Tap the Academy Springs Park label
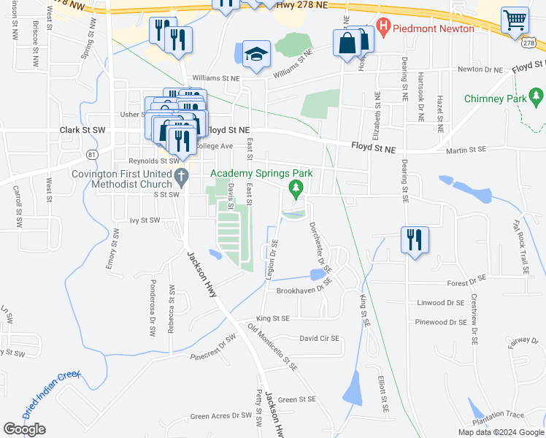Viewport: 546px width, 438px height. (x=261, y=173)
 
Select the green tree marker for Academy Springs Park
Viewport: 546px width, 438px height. (x=296, y=189)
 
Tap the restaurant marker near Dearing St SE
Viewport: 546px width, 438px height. (x=415, y=239)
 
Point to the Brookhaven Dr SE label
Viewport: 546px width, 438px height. (x=304, y=290)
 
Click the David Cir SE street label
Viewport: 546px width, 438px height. (x=319, y=338)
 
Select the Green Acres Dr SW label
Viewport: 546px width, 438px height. (x=220, y=417)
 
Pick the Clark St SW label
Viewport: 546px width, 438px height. (x=82, y=130)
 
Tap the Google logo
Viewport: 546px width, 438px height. (x=24, y=429)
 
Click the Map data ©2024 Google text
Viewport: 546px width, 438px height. (x=500, y=432)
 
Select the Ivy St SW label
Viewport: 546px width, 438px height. (x=144, y=219)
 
